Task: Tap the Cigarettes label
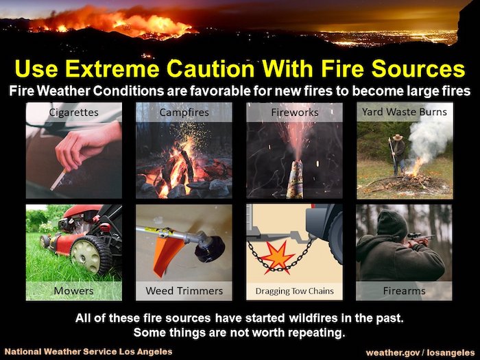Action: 74,112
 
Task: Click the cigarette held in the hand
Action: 58,180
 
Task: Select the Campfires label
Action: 184,112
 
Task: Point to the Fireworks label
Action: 294,112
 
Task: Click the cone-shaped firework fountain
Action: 295,179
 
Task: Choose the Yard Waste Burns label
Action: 405,112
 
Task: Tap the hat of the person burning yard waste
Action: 398,137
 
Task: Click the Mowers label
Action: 73,291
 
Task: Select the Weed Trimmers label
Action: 184,291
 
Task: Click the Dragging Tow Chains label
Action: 294,291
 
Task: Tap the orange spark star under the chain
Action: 277,257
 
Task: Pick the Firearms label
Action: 404,291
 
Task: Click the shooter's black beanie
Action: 392,224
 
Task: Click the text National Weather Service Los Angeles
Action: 88,352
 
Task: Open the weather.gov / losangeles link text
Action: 420,352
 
